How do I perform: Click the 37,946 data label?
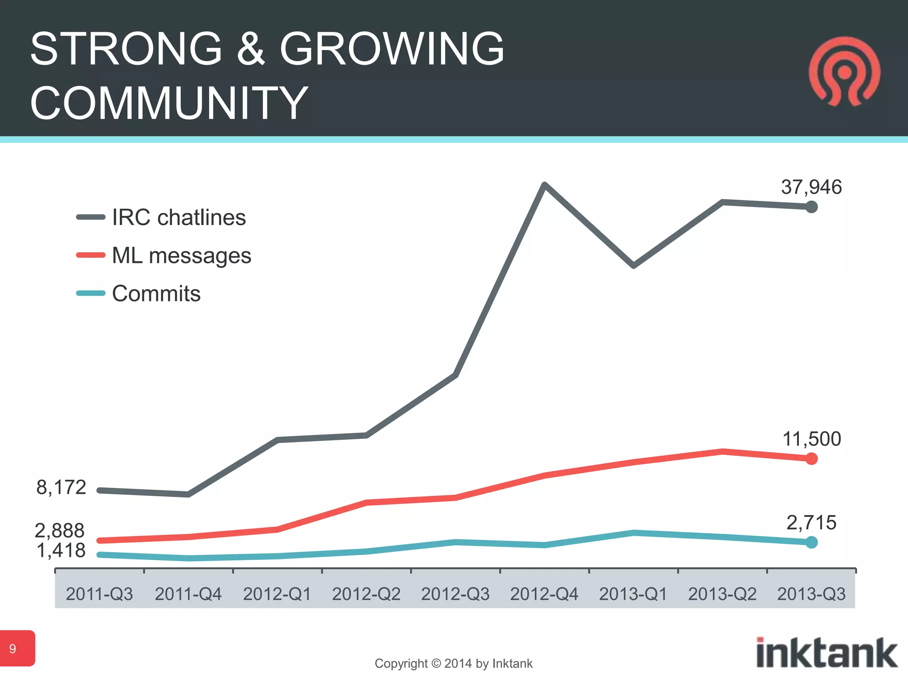(811, 187)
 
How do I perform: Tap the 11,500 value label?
(811, 439)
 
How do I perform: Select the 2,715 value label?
(811, 523)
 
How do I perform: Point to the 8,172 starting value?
(61, 487)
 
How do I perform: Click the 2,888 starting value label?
(60, 530)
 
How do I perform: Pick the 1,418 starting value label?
(61, 551)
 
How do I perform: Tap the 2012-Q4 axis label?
(544, 594)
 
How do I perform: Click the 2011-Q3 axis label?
(99, 594)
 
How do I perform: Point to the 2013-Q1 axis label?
(633, 594)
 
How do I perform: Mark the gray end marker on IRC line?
(811, 207)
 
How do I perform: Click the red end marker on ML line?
(811, 459)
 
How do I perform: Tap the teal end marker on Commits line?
(811, 542)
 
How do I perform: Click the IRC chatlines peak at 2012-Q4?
(544, 185)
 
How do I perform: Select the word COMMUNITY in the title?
(169, 103)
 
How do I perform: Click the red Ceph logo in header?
(844, 72)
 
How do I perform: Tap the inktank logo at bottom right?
(826, 653)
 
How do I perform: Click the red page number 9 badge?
(17, 648)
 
